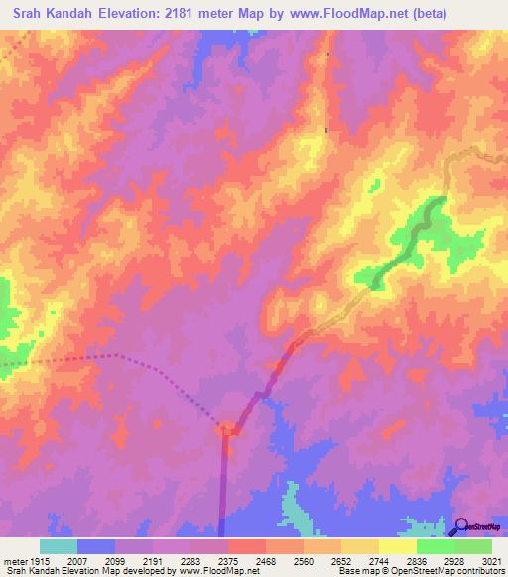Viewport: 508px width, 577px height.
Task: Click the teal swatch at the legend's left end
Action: tap(59, 546)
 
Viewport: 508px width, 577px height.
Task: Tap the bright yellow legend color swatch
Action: tap(397, 546)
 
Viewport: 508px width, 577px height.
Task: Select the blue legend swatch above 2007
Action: tap(96, 546)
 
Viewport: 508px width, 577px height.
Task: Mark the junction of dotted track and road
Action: tap(227, 429)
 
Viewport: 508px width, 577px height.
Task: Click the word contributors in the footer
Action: tap(478, 571)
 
